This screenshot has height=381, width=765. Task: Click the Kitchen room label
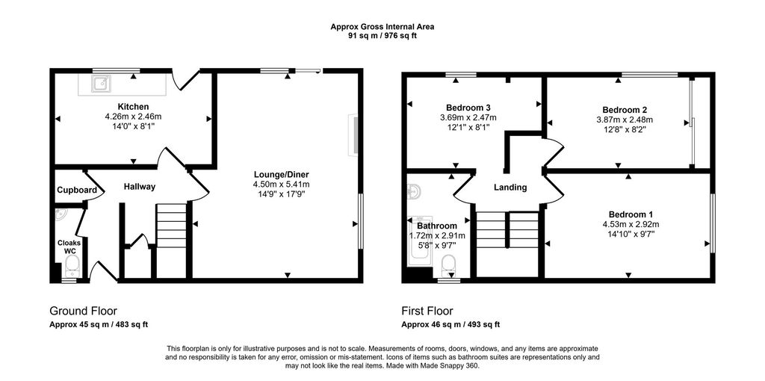point(133,107)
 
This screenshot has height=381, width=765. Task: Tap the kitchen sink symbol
point(99,83)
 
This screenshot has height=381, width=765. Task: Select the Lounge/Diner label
point(281,174)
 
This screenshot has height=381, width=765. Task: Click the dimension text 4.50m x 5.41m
point(281,185)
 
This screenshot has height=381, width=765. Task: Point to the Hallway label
point(140,187)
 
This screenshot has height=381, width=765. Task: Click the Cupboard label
point(77,190)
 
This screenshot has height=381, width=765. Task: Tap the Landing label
point(510,188)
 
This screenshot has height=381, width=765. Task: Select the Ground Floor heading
point(83,311)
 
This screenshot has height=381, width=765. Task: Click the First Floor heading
point(427,311)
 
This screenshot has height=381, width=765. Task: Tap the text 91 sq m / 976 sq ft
point(382,35)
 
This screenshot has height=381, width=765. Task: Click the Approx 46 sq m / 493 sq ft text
point(450,325)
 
